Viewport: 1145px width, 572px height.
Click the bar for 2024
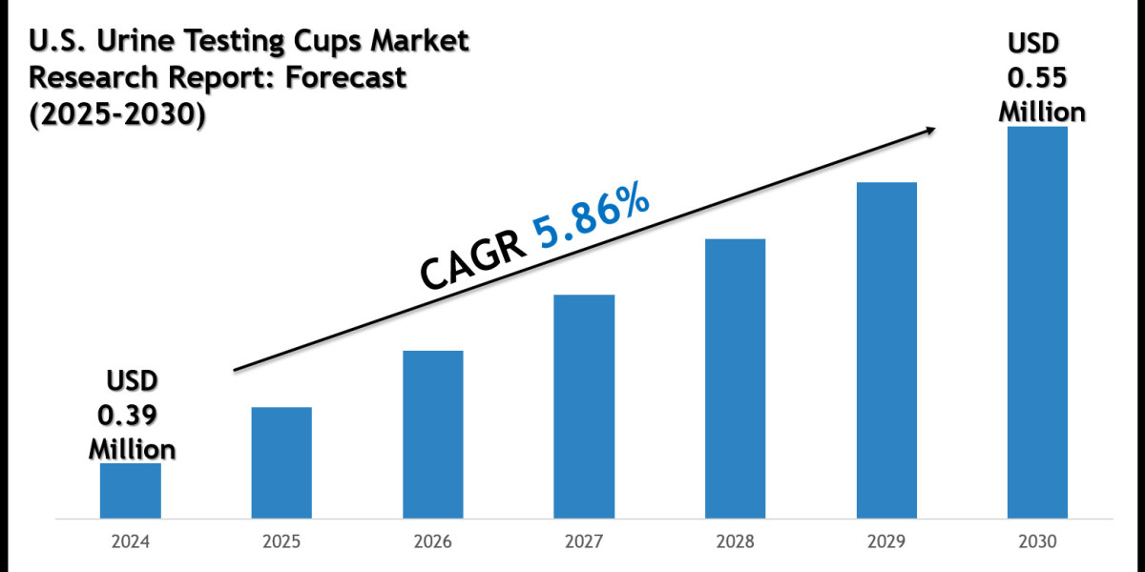click(130, 491)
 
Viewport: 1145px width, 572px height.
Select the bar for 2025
click(281, 463)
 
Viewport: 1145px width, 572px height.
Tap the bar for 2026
click(432, 435)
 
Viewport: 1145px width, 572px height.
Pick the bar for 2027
click(584, 407)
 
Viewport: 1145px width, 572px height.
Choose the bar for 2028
click(735, 378)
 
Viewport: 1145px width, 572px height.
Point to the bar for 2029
click(886, 350)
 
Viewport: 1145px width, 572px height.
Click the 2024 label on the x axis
click(131, 543)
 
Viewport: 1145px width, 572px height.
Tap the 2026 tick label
click(433, 543)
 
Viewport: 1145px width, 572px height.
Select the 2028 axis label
click(736, 543)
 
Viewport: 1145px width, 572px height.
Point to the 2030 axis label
click(1038, 543)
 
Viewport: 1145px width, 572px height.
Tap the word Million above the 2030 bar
click(1042, 112)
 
